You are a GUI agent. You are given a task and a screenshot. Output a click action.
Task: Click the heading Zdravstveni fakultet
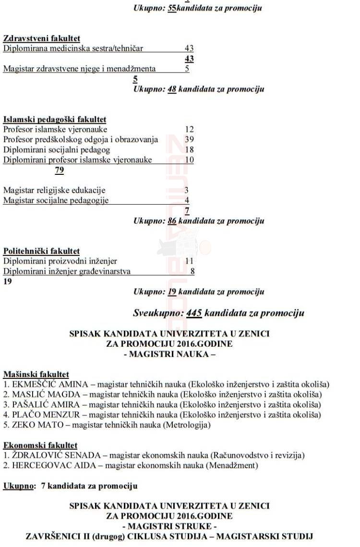click(x=42, y=38)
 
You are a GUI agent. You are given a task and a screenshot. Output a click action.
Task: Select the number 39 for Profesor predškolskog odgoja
click(x=189, y=139)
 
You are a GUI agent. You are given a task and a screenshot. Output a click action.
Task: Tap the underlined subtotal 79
click(x=60, y=170)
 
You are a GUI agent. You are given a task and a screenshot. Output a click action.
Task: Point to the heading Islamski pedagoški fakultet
click(x=55, y=119)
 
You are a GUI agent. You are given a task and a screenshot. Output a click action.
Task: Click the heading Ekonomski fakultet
click(x=40, y=445)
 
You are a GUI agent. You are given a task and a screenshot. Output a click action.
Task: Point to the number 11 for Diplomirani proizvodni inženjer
click(x=189, y=261)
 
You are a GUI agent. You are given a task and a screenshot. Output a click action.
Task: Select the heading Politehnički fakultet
click(x=42, y=251)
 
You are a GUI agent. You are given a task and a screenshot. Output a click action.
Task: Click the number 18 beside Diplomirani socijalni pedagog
click(x=189, y=150)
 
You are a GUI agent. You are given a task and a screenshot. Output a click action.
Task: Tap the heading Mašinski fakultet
click(x=36, y=374)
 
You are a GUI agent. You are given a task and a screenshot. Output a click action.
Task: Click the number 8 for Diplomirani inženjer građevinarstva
click(x=192, y=271)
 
